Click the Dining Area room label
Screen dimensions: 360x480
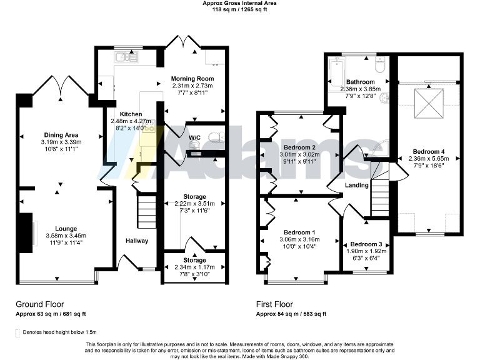[61, 134]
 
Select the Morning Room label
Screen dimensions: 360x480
[193, 79]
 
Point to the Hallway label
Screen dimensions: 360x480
[136, 241]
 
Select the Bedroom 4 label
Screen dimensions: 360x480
[429, 151]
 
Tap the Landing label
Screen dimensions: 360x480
[356, 185]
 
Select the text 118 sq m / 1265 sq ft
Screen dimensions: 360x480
[240, 10]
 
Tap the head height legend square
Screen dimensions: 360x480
[17, 332]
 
